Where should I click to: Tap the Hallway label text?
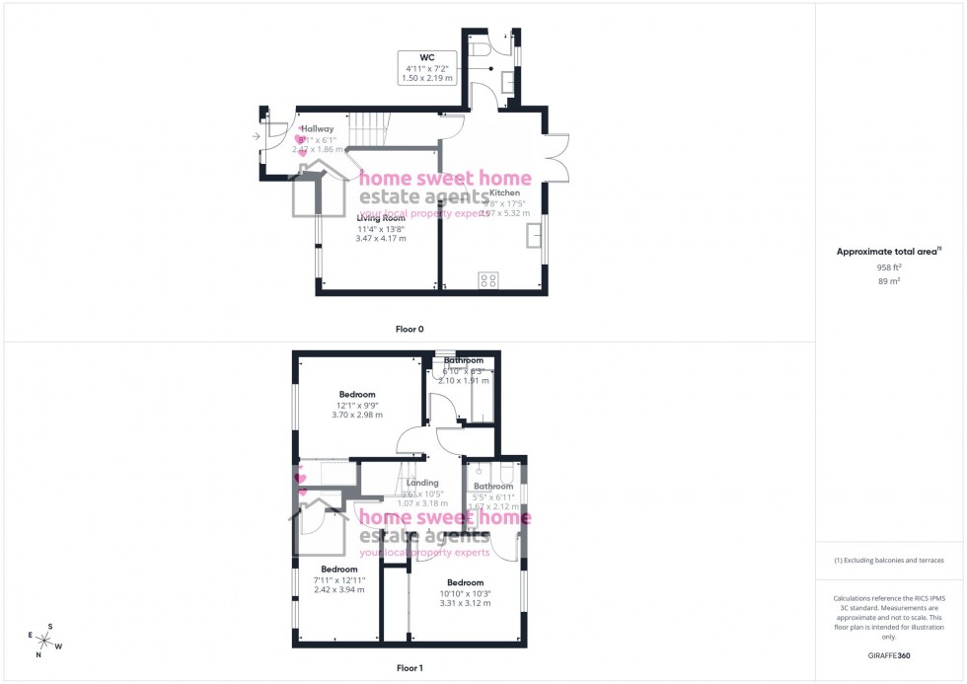[x=318, y=128]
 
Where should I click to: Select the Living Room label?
[x=381, y=218]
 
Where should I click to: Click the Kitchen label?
[x=518, y=192]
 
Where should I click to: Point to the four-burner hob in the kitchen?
[x=487, y=279]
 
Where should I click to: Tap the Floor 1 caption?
[x=409, y=668]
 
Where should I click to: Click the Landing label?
[x=422, y=483]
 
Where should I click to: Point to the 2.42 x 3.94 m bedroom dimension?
[x=338, y=590]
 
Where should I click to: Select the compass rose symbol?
[x=45, y=640]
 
